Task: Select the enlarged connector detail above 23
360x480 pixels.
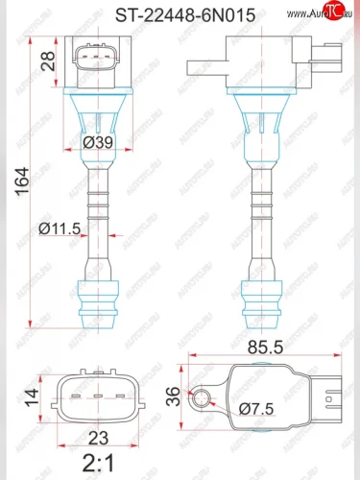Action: [99, 396]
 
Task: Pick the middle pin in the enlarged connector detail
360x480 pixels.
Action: [99, 396]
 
